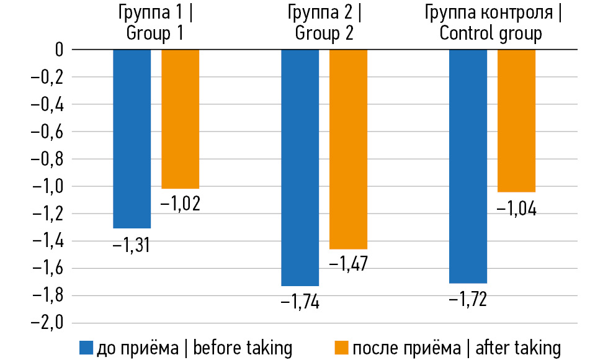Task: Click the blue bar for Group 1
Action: [x=132, y=138]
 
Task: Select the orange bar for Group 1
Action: [x=180, y=119]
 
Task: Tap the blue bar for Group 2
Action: [x=300, y=168]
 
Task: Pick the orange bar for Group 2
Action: [x=348, y=149]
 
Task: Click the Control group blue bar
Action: [x=468, y=166]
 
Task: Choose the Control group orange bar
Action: [x=516, y=120]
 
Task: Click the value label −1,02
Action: [x=181, y=204]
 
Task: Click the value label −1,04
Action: [x=517, y=208]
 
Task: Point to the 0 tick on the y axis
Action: [x=59, y=50]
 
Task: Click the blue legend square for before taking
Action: [x=85, y=348]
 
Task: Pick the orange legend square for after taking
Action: [x=340, y=348]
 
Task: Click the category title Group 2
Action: [x=324, y=23]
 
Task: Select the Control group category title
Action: [x=491, y=23]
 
